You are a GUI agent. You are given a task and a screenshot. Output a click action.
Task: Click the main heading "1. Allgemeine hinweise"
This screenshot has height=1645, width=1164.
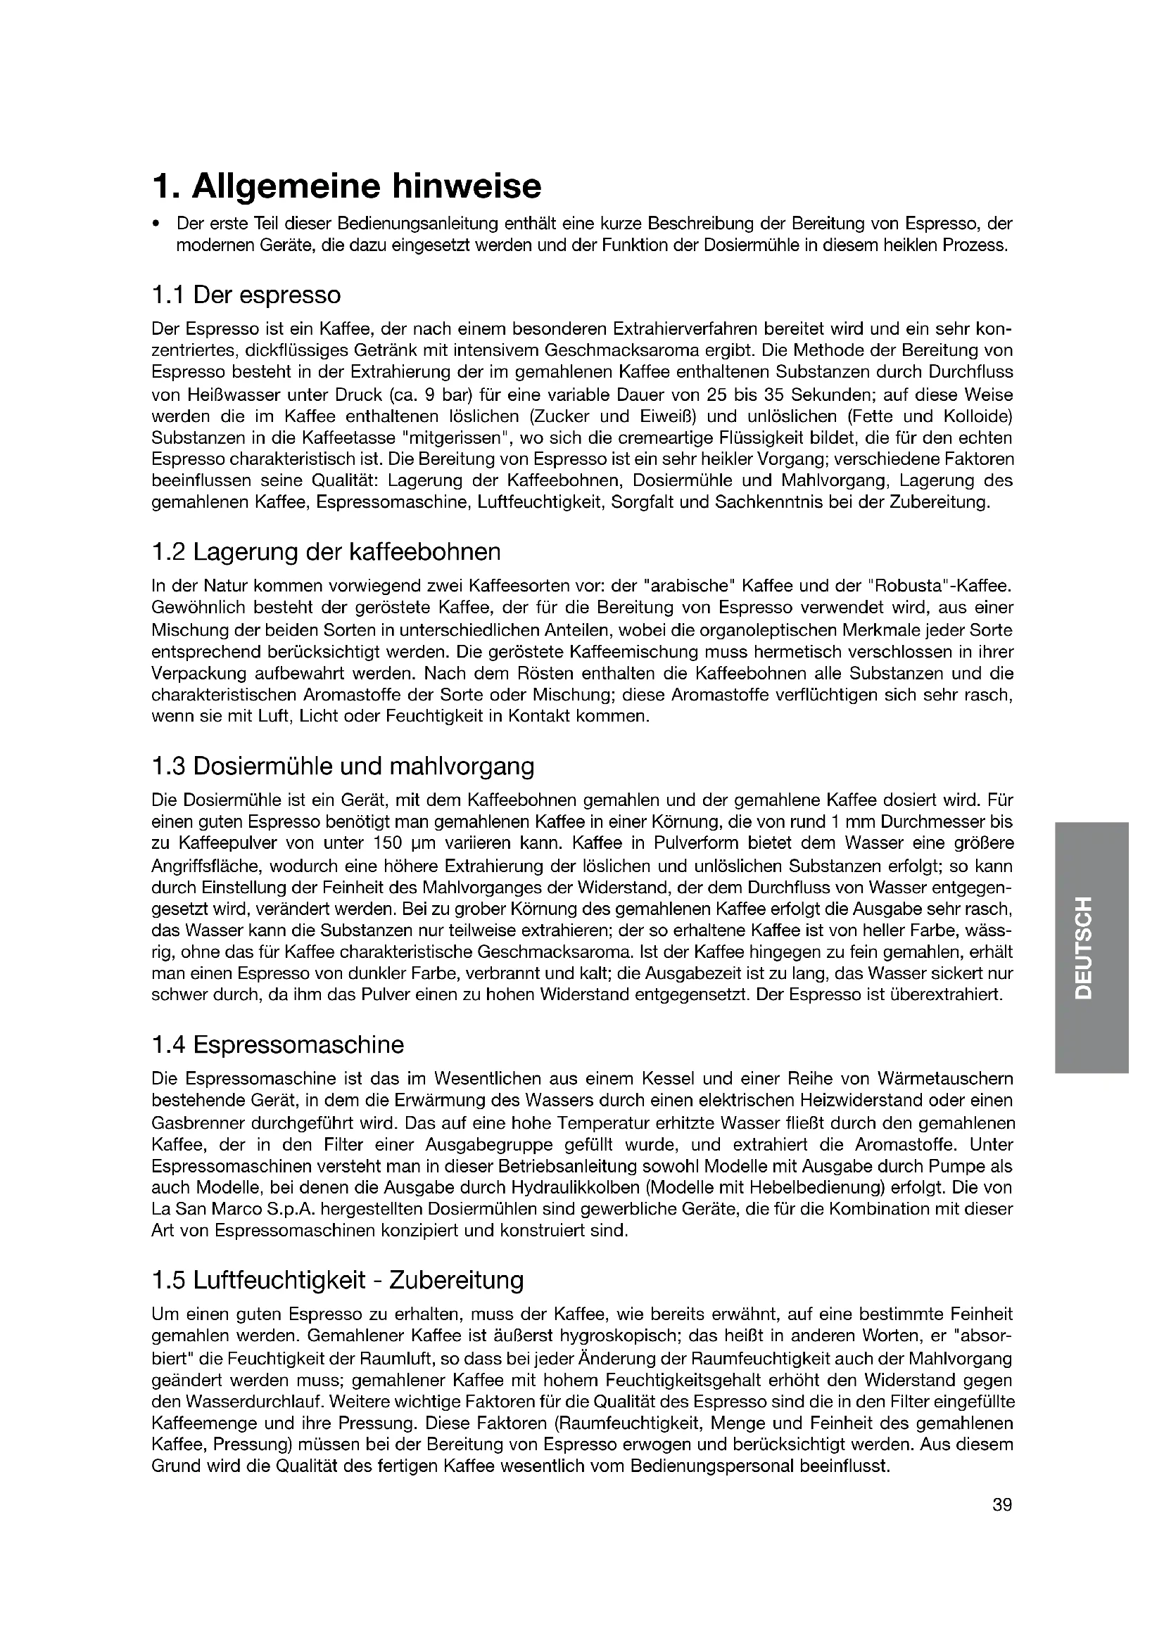coord(346,186)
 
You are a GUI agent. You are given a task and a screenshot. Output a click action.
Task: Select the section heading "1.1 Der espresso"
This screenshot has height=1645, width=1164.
coord(246,295)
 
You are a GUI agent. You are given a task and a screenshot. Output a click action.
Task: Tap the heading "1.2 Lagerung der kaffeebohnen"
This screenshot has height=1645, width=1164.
coord(326,551)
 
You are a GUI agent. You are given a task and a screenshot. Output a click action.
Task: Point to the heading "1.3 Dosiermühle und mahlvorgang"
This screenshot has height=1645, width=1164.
coord(343,766)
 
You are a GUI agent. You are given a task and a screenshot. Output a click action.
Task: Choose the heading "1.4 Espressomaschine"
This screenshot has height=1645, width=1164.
coord(277,1044)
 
